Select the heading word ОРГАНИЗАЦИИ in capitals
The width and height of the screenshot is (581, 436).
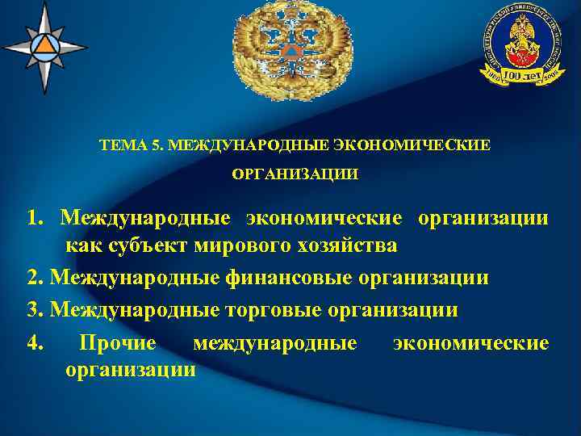(x=295, y=173)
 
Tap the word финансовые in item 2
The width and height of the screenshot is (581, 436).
(x=298, y=278)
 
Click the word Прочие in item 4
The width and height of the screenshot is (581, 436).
(x=117, y=343)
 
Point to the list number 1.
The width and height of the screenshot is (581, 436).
(x=33, y=218)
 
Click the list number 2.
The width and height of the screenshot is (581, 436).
(x=33, y=278)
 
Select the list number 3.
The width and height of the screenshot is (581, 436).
(x=33, y=310)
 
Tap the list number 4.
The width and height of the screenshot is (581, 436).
(x=33, y=343)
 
